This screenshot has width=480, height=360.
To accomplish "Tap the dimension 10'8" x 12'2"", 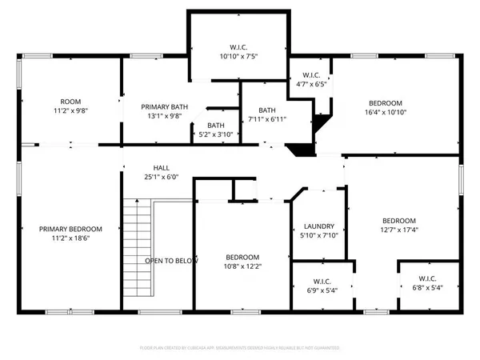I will [241, 268].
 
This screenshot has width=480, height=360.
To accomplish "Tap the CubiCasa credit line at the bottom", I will [240, 348].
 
